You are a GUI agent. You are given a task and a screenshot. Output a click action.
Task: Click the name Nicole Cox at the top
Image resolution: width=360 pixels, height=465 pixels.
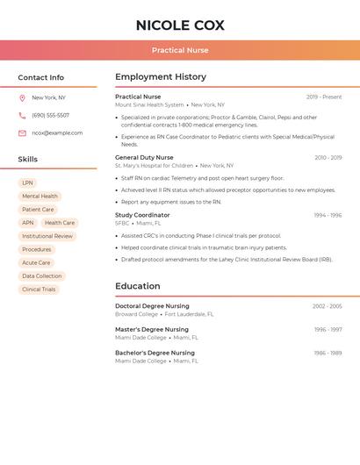click(180, 25)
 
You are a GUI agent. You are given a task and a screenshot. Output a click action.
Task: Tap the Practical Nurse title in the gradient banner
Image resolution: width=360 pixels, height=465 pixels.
click(180, 51)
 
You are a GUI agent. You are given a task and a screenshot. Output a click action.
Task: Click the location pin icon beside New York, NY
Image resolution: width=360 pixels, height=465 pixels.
click(22, 98)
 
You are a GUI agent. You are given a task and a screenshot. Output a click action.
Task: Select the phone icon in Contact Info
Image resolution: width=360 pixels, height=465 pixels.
click(22, 116)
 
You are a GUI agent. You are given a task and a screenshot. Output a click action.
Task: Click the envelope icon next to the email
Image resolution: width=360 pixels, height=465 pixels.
click(22, 133)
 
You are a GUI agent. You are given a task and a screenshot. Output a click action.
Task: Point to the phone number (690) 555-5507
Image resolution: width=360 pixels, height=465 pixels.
click(50, 116)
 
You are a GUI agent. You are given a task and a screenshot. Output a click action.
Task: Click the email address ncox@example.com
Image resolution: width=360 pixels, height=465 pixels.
click(57, 133)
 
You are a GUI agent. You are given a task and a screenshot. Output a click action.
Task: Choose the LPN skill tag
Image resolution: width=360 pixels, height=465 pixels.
click(27, 183)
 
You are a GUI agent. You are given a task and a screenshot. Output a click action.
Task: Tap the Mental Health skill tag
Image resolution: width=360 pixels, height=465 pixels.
click(40, 197)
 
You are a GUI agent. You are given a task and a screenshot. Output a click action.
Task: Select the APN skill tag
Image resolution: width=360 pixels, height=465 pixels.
click(28, 223)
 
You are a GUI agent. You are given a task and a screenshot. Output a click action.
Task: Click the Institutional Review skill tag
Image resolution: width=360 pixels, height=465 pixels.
click(47, 236)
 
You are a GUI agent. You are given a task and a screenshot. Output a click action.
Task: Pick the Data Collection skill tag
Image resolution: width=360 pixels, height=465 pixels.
click(42, 276)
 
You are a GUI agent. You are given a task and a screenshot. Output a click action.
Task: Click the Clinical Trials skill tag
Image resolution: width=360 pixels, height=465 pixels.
click(39, 290)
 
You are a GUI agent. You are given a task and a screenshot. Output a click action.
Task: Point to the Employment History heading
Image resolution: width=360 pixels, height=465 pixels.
click(161, 77)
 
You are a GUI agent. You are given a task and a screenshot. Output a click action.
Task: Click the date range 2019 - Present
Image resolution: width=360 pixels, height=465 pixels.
click(324, 97)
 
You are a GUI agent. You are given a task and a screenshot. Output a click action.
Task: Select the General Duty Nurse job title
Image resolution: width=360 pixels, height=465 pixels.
click(144, 158)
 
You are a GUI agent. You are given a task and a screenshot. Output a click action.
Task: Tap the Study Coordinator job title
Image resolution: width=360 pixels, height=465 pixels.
click(142, 215)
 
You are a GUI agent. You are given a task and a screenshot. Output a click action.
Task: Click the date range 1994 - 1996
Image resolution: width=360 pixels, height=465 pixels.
click(328, 215)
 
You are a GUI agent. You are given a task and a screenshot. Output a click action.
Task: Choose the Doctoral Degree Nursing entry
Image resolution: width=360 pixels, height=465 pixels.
click(152, 306)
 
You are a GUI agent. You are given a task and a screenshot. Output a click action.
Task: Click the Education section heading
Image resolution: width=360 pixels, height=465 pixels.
click(138, 286)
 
